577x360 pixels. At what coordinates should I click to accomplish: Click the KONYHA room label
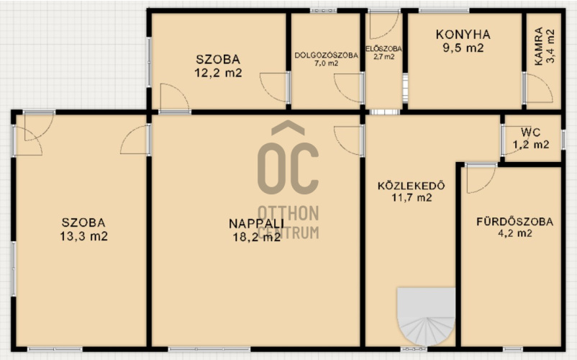click(x=463, y=35)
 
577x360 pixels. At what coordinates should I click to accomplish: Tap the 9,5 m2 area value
click(x=463, y=48)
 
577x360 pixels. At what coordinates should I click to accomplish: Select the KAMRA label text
click(x=538, y=46)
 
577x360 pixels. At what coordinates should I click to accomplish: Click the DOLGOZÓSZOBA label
click(x=326, y=55)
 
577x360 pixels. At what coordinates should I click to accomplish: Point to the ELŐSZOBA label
click(x=383, y=48)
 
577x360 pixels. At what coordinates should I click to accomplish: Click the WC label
click(x=530, y=132)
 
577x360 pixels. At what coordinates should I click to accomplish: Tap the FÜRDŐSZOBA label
click(x=515, y=222)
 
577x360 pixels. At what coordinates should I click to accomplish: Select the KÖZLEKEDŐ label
click(x=411, y=185)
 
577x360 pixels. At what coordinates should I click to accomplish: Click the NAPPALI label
click(x=256, y=223)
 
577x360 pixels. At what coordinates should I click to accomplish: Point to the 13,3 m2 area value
click(x=84, y=236)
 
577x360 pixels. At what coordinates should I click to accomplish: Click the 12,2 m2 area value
click(x=218, y=73)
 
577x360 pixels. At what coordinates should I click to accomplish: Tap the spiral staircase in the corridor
click(x=426, y=317)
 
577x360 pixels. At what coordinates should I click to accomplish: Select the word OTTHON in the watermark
click(x=288, y=214)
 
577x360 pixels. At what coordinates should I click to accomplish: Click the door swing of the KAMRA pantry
click(x=538, y=89)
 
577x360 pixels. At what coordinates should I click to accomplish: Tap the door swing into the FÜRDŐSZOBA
click(x=481, y=179)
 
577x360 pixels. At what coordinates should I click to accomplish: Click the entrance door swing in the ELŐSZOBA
click(x=384, y=25)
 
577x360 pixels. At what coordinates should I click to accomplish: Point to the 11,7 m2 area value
click(x=412, y=198)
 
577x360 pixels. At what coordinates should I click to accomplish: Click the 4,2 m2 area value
click(x=515, y=233)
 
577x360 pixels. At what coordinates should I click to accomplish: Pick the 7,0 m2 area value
click(x=326, y=63)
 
